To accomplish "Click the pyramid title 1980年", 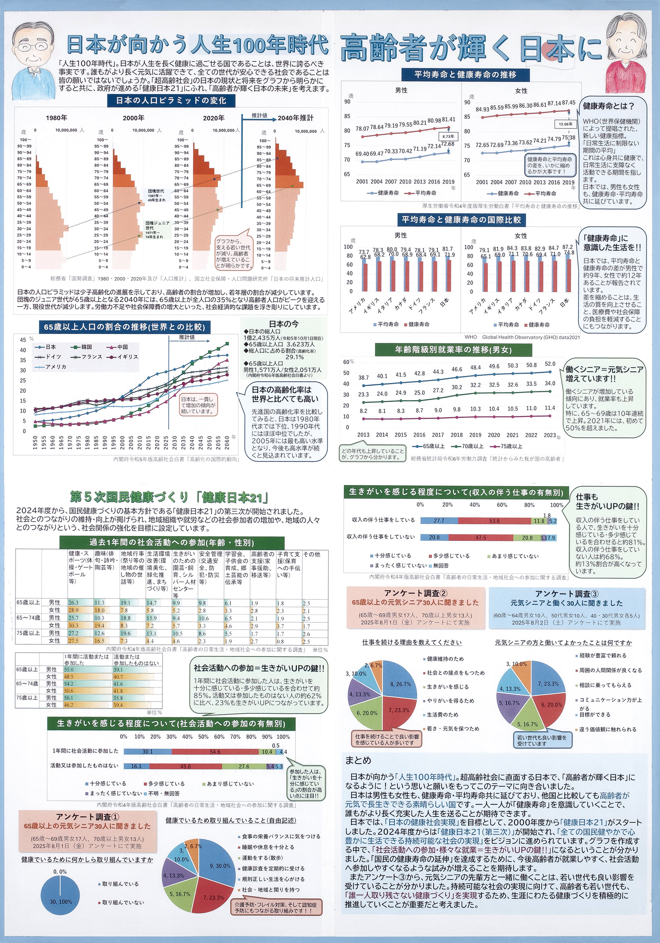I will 56,118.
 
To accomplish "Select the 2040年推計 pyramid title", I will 295,118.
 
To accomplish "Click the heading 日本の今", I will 283,324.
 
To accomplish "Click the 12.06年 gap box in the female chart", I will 565,124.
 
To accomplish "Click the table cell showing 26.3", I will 74,603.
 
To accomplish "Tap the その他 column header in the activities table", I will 311,554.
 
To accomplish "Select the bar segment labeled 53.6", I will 494,521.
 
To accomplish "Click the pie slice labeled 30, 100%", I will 60,902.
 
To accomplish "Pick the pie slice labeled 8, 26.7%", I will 400,684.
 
